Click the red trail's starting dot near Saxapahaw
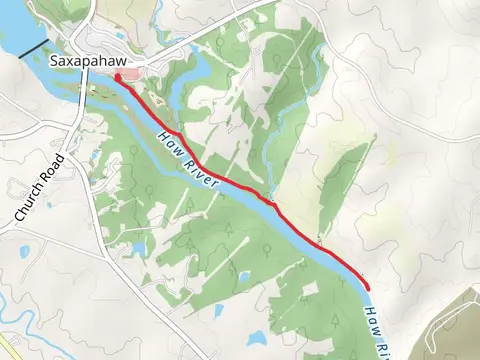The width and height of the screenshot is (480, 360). pyautogui.click(x=117, y=76)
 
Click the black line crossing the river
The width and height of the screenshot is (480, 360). pyautogui.click(x=32, y=47)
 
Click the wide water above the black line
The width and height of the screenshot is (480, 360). pyautogui.click(x=15, y=30)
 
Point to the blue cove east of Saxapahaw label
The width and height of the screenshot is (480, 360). pyautogui.click(x=190, y=70)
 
